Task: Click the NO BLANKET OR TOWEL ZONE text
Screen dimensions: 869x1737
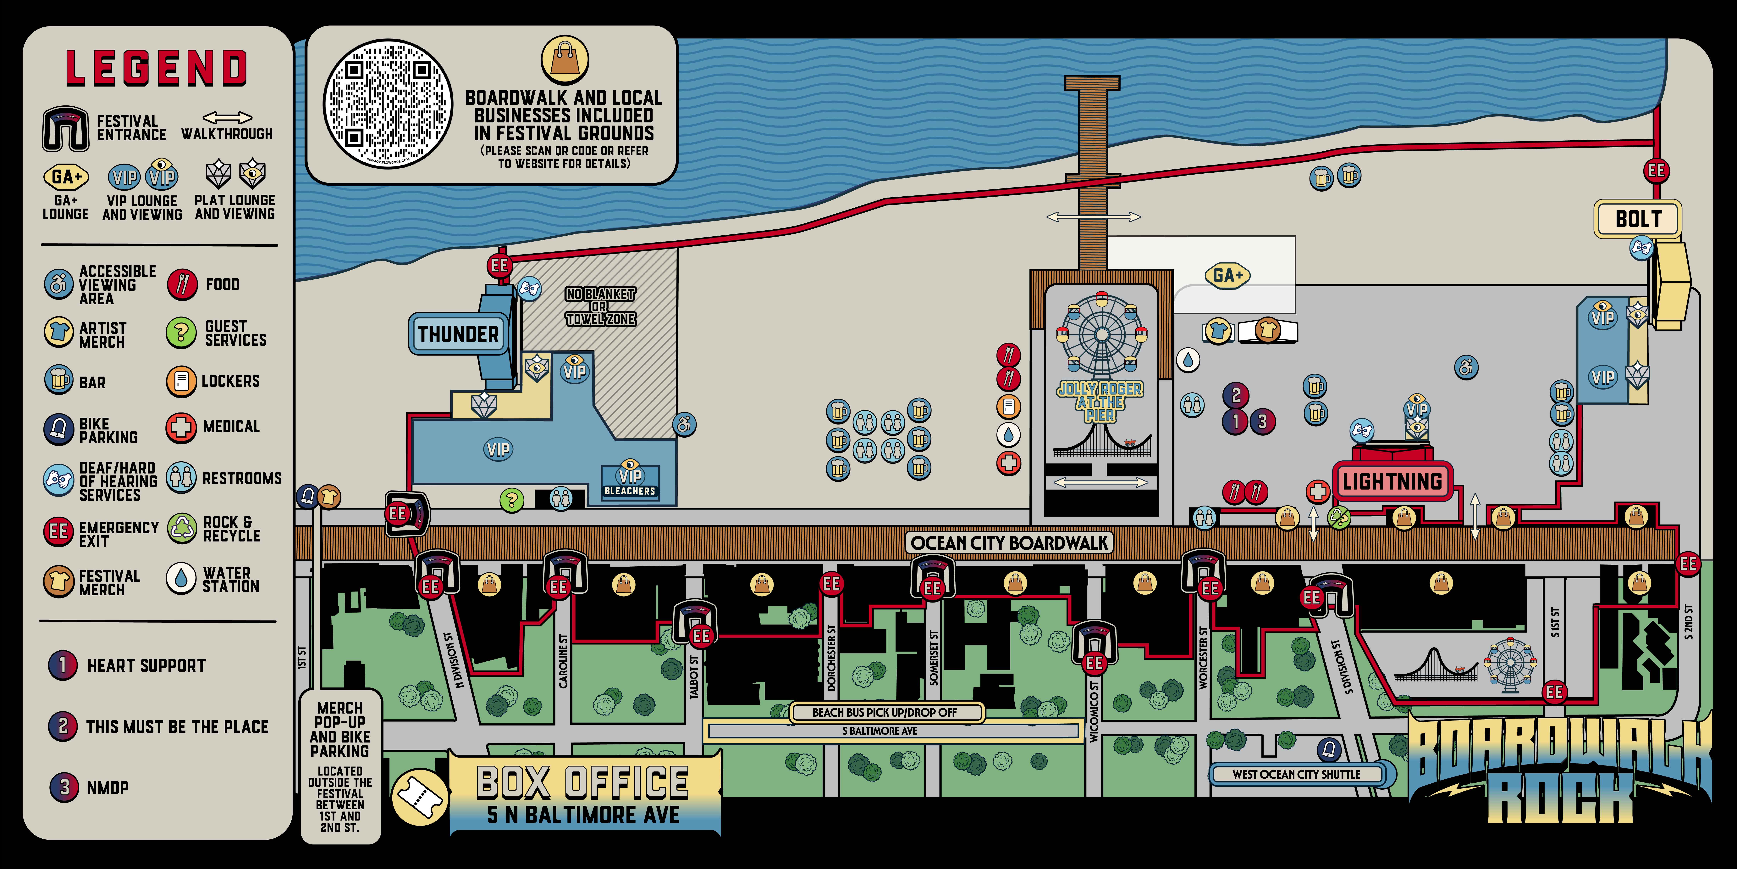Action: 600,307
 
